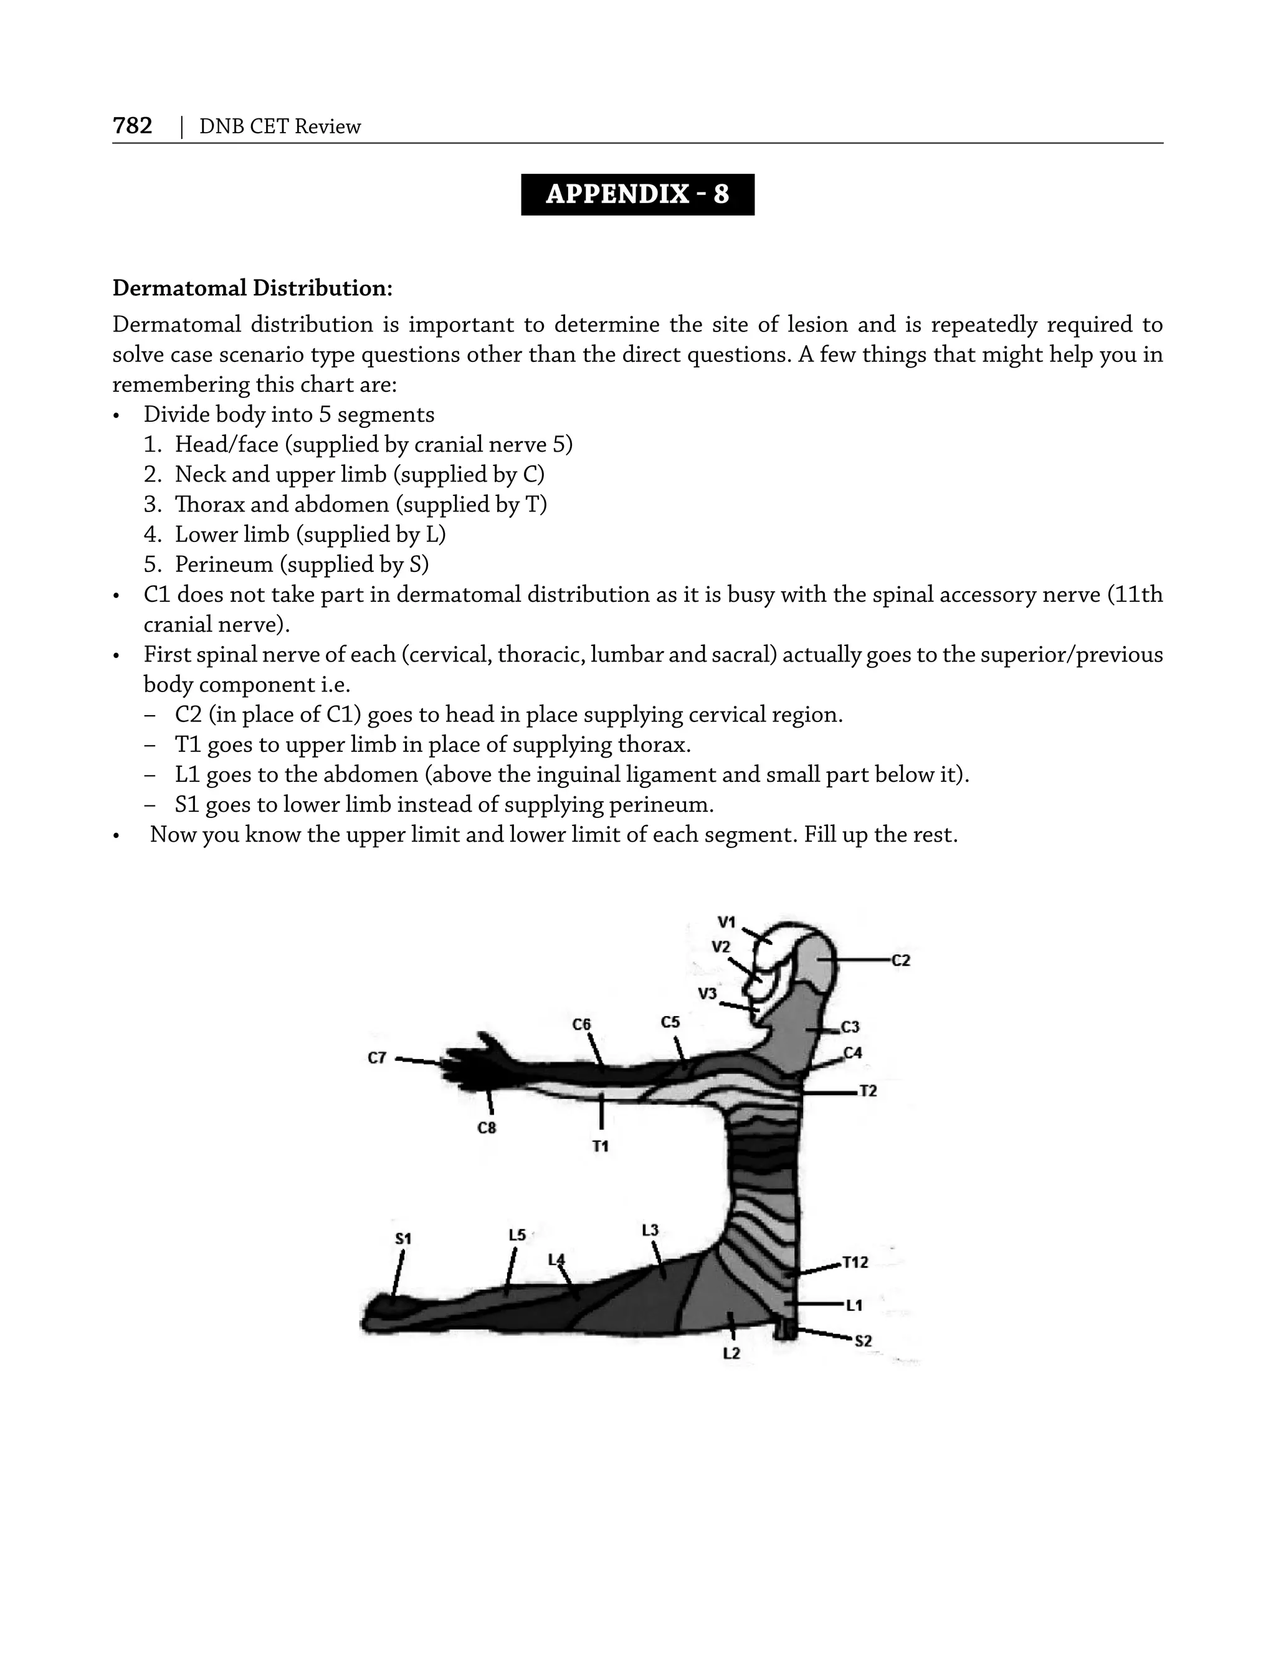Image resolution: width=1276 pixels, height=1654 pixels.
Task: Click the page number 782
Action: pos(133,126)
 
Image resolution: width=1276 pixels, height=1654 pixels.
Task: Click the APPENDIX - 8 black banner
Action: pos(637,194)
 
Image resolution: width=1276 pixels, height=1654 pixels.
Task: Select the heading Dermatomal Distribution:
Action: pos(252,288)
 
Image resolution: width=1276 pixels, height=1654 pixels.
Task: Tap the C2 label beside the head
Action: pos(900,960)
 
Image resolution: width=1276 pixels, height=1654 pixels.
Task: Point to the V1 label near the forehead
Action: pos(726,921)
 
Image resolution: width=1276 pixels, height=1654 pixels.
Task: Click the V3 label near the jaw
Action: pos(707,994)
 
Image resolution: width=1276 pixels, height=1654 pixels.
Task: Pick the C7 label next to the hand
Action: pos(377,1058)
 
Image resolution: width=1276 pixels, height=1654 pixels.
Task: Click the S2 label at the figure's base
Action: pos(864,1341)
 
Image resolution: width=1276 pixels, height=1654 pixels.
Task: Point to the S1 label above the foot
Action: pos(403,1239)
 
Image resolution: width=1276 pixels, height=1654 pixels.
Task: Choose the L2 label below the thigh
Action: pos(731,1353)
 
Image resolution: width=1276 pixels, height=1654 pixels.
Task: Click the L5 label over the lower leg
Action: pos(517,1235)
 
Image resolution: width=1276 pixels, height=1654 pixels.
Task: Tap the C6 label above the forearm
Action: pos(581,1025)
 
